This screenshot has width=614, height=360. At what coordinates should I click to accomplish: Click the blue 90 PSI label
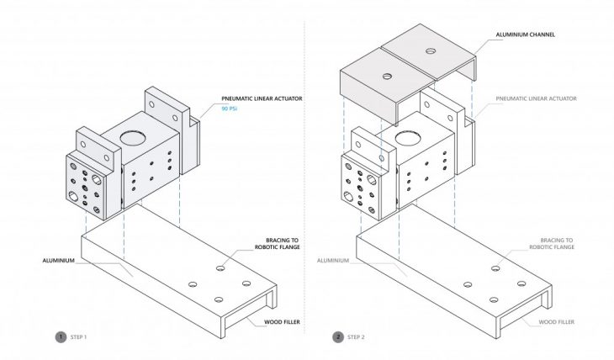[x=230, y=109]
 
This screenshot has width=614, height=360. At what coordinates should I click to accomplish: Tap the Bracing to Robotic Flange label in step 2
[x=551, y=243]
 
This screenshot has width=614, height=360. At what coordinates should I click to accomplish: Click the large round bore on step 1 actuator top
[x=131, y=137]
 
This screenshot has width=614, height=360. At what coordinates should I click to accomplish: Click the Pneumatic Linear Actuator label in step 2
[x=536, y=98]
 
